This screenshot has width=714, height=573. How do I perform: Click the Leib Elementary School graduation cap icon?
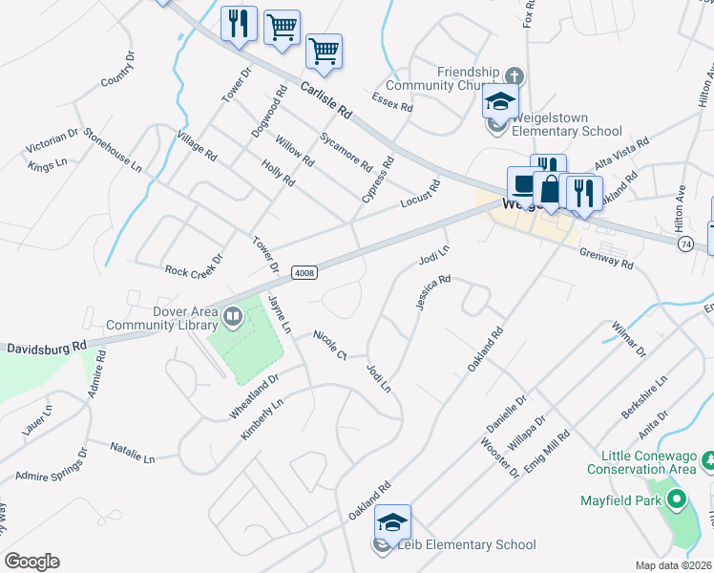tap(392, 521)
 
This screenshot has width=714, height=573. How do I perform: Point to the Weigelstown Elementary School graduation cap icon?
tap(499, 99)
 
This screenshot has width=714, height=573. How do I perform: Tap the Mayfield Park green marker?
tap(677, 499)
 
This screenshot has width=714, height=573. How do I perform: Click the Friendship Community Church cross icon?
tap(513, 75)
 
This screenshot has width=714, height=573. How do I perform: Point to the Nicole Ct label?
tap(330, 346)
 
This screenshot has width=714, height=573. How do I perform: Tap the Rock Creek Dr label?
tap(193, 265)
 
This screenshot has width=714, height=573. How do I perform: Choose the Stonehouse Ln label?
tap(112, 150)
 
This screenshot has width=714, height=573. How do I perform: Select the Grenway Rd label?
tap(606, 258)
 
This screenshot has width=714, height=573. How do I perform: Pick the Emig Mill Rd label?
tap(552, 448)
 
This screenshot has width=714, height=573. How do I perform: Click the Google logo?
tap(31, 561)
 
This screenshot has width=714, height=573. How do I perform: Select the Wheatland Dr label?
tap(253, 395)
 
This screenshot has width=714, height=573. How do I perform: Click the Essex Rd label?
tap(392, 101)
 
